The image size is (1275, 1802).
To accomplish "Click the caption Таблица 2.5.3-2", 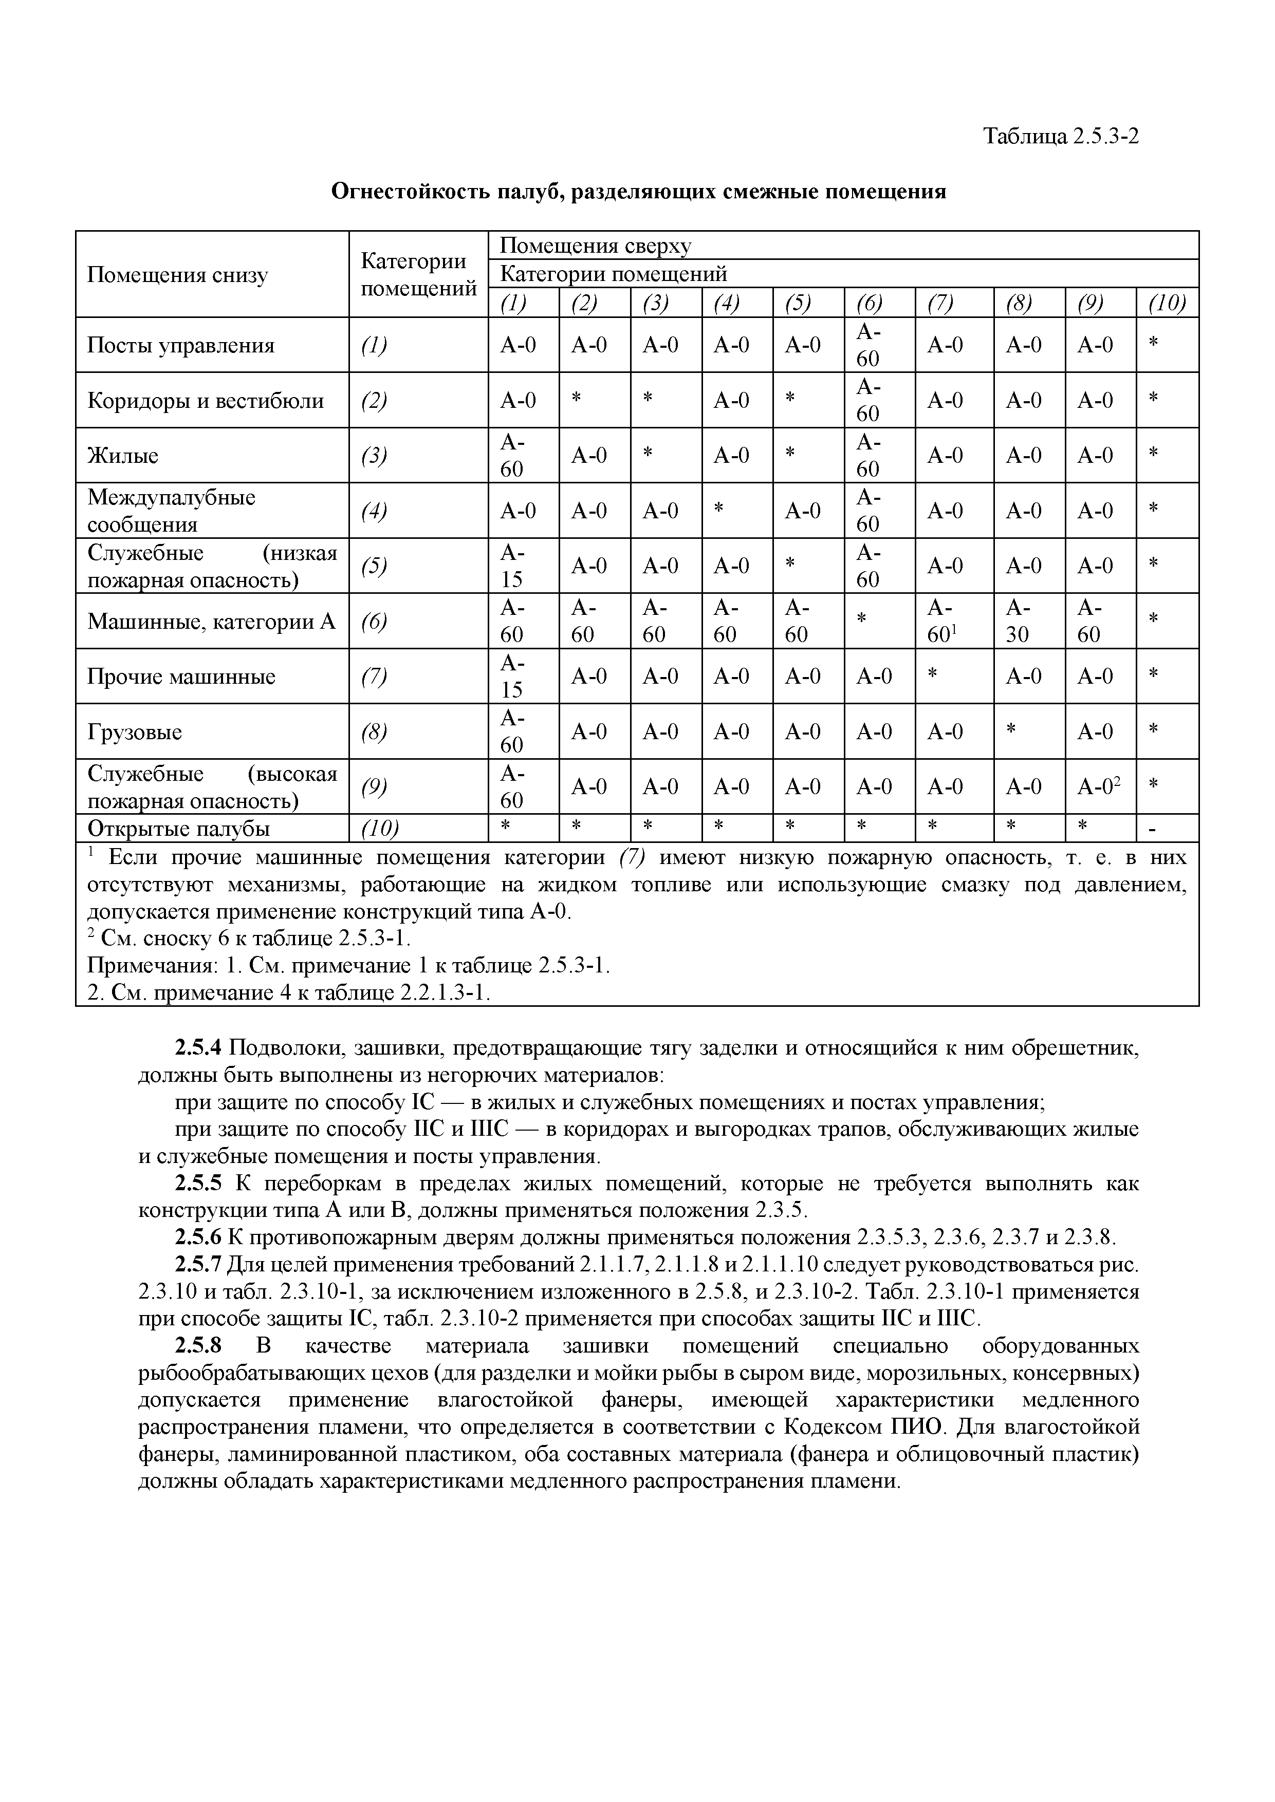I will tap(1061, 137).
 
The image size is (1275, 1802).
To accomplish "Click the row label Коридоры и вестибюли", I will tap(205, 400).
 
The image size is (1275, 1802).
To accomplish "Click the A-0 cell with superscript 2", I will tap(1098, 785).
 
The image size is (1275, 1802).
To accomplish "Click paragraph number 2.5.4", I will tap(199, 1048).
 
